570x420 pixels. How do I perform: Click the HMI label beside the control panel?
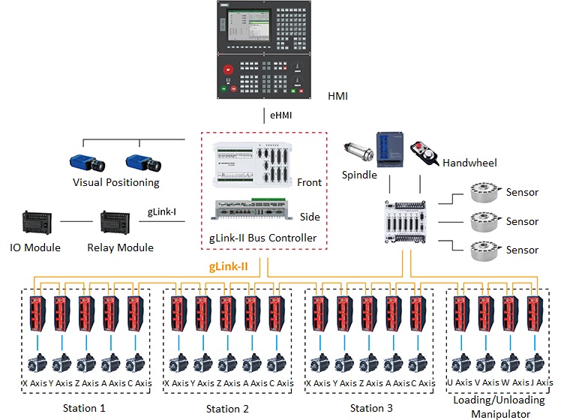338,97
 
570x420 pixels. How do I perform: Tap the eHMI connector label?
281,115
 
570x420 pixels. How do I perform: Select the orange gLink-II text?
230,266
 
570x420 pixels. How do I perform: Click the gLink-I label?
161,212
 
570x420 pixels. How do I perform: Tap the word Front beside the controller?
308,182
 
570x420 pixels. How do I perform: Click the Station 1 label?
85,408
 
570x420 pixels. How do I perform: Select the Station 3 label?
371,408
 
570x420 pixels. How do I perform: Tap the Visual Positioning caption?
115,182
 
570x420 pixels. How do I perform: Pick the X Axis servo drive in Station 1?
37,314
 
